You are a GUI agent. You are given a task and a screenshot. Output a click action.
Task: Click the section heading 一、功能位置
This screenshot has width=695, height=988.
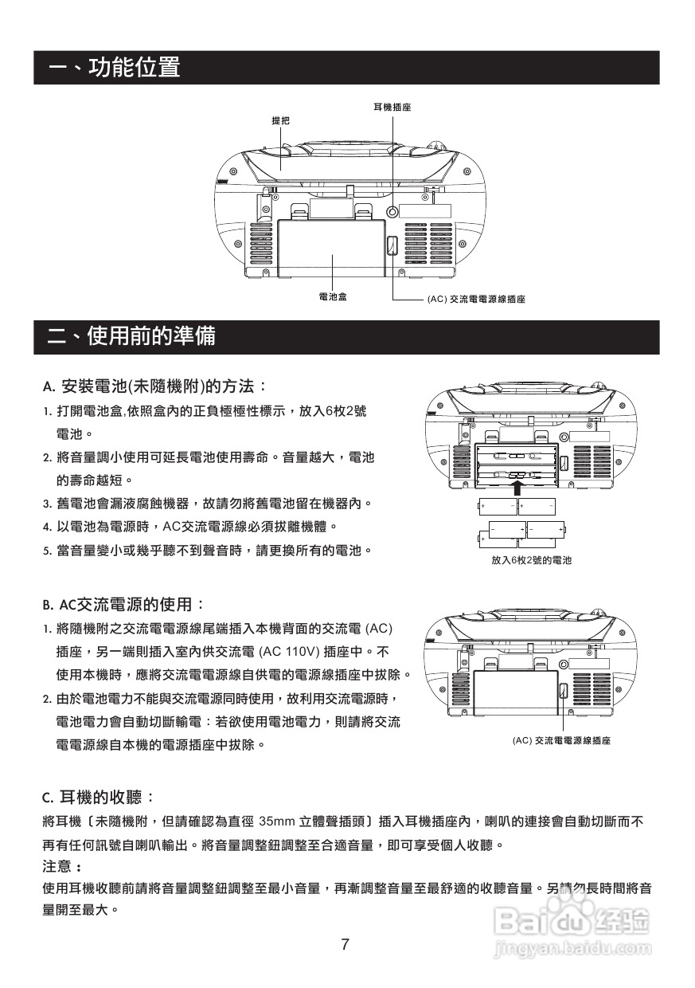[x=114, y=68]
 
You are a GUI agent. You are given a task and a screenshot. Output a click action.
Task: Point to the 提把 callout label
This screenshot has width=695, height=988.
[x=280, y=120]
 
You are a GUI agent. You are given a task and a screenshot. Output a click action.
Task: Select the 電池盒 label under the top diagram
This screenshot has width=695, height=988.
[x=332, y=297]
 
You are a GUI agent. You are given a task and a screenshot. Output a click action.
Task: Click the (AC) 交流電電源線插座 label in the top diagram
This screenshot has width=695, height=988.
[x=476, y=299]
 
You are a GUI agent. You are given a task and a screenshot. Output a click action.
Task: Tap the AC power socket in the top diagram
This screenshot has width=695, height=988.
[x=392, y=245]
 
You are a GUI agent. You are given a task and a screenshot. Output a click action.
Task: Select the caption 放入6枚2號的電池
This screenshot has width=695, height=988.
[x=531, y=561]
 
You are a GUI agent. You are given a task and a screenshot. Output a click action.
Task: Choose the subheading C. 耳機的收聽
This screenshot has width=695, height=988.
[x=98, y=798]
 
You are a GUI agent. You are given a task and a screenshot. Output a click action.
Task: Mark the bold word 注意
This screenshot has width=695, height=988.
[x=61, y=866]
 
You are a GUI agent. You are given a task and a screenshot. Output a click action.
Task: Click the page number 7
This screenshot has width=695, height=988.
[x=345, y=946]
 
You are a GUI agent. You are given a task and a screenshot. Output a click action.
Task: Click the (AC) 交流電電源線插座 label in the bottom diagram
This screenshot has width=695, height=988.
[x=561, y=741]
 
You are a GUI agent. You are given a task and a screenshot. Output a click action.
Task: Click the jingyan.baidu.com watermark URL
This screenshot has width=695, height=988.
[x=568, y=949]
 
